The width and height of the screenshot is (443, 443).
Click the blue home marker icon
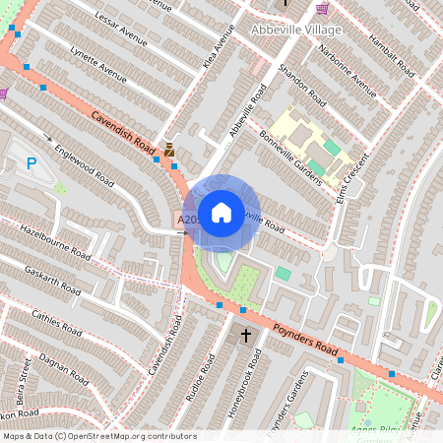(x=221, y=212)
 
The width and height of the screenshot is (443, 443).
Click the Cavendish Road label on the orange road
(x=124, y=135)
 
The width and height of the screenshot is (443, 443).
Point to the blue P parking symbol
(x=32, y=164)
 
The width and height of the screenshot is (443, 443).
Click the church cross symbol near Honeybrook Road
(x=245, y=336)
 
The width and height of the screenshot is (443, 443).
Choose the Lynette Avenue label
(x=99, y=68)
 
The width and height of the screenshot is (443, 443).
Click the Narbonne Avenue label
(x=352, y=73)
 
